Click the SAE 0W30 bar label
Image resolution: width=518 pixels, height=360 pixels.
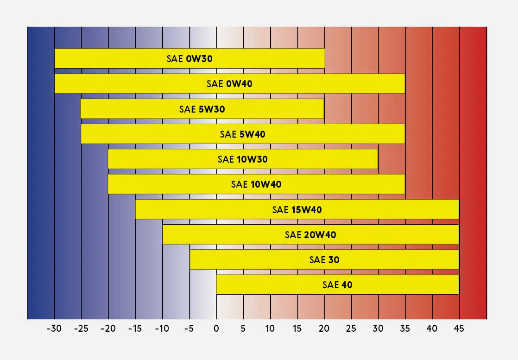coord(190,59)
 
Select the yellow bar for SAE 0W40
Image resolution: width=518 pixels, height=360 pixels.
coord(230,83)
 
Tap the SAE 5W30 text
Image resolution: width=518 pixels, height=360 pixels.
coord(202,109)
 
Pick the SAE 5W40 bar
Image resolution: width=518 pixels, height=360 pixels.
coord(243,134)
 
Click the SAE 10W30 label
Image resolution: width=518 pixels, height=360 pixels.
coord(242,159)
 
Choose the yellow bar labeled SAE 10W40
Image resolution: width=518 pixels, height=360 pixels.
coord(256,184)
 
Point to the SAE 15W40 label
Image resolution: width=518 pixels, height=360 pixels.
coord(297,210)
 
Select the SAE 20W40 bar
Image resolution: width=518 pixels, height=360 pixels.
coord(310,234)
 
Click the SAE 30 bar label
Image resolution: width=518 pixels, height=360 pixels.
coord(324,260)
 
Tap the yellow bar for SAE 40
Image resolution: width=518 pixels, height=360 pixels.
coord(338,284)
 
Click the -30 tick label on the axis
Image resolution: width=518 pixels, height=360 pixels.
coord(54,328)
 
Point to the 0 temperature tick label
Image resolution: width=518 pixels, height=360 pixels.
coord(216,328)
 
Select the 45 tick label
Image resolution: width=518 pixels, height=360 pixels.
coord(459,328)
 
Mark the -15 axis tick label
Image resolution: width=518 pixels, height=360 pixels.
coord(135,328)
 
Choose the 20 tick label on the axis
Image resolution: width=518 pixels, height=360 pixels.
coord(324,328)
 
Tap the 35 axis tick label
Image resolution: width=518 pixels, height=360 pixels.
coord(404,328)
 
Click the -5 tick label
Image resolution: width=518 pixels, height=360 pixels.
coord(189,328)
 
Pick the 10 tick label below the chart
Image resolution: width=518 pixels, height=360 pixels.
coord(270,328)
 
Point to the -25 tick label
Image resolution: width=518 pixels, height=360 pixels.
coord(81,328)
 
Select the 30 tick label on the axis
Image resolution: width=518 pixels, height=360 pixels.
coord(378,328)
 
